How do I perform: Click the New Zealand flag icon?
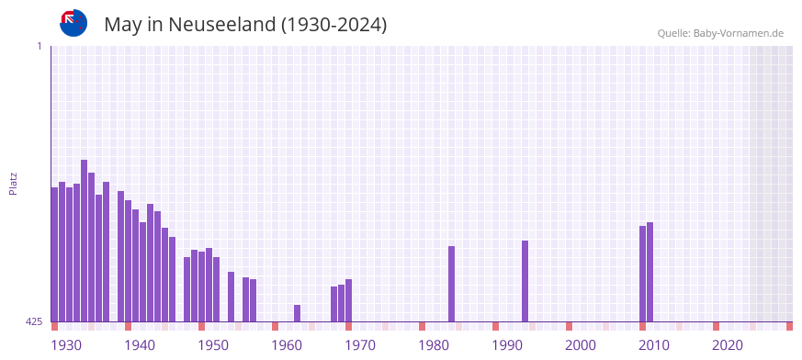point(73,24)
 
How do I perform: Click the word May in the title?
point(122,25)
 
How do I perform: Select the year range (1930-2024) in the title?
point(334,25)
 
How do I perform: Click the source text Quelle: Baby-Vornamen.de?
point(719,33)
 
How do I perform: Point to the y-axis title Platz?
point(13,183)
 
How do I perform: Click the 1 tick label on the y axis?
point(40,46)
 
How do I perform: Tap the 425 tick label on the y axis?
point(35,321)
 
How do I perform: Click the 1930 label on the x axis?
point(65,345)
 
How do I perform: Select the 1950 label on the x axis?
point(212,345)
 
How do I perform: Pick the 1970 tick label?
point(359,345)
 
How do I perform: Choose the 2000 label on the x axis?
point(581,345)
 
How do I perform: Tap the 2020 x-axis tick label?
point(728,345)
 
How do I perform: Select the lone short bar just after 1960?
point(297,313)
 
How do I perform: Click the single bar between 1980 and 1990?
point(451,284)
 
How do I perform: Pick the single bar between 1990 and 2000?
point(525,281)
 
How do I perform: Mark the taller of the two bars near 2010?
point(650,272)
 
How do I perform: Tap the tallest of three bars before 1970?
point(348,300)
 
